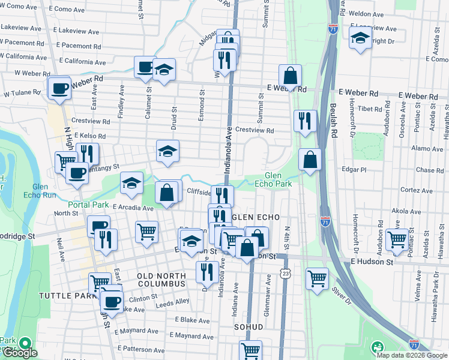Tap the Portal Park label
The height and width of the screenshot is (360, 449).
(88, 205)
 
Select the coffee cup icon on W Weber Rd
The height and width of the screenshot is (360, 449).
(59, 87)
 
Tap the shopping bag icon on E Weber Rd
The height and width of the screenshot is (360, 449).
(290, 76)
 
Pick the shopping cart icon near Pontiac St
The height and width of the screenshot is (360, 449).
(397, 239)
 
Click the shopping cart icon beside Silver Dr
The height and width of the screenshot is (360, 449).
(317, 278)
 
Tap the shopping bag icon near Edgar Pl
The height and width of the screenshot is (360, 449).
(310, 160)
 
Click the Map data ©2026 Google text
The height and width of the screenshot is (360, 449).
(412, 355)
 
